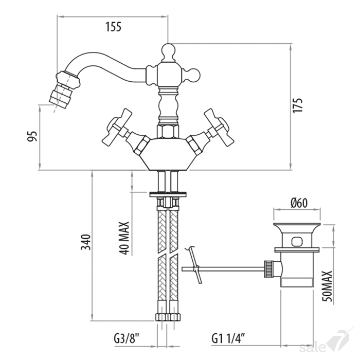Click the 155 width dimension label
coord(113,27)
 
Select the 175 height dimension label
coord(298,105)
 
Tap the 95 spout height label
coord(32,136)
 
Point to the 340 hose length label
coord(86,242)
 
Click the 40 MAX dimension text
coord(124,238)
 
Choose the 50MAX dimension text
coord(327,286)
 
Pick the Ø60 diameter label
coord(299,203)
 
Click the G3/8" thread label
coord(127,338)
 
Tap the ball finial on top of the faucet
coord(168,50)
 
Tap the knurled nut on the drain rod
coord(268,269)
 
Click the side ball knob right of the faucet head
coord(194,75)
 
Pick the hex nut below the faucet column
coord(168,132)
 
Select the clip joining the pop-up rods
coord(196,269)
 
